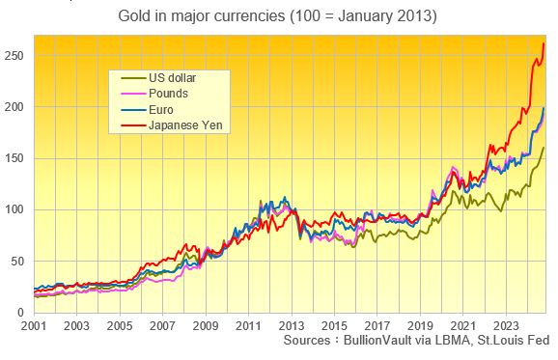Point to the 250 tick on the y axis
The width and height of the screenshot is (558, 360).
(14, 56)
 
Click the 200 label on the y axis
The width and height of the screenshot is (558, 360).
(14, 107)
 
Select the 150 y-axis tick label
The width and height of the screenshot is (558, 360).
(14, 158)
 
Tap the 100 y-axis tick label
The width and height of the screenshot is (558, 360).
(14, 209)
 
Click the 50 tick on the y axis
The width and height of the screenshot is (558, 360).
(17, 261)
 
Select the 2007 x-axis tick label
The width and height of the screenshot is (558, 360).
(161, 326)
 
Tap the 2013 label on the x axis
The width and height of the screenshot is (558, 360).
(293, 326)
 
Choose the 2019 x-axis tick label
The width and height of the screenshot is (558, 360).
(421, 326)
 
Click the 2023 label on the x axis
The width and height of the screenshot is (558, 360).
(506, 326)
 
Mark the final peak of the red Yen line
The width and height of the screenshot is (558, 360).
(544, 43)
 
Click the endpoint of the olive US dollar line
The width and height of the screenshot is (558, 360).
(544, 148)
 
